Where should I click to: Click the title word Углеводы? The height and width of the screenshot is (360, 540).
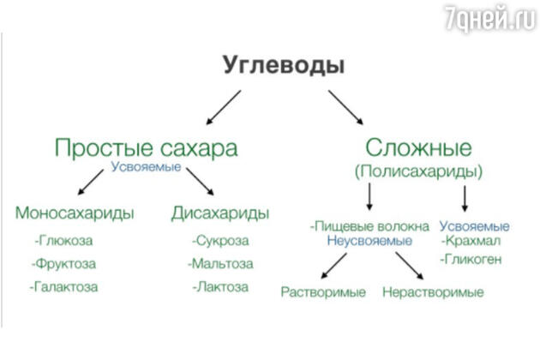point(284,66)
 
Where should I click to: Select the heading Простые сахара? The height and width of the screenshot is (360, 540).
point(146,147)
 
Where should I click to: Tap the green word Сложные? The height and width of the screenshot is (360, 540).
point(418,147)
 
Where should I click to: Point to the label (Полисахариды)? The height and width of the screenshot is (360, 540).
point(418,171)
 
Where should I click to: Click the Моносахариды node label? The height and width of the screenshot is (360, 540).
point(75,213)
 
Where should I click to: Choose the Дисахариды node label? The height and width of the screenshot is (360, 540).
point(220,213)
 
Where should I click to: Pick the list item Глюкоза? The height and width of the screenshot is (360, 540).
point(63,240)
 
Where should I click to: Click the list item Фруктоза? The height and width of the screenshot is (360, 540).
point(63,263)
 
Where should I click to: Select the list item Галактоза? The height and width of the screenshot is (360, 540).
point(63,286)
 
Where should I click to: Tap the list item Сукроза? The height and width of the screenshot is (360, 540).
point(220,240)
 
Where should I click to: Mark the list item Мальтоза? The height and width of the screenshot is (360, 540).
point(220,263)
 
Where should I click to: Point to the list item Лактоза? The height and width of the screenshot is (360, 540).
point(220,286)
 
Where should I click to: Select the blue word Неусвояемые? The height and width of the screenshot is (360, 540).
point(369,241)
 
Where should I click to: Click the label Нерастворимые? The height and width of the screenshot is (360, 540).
point(433,292)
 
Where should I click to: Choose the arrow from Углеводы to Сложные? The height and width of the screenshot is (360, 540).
point(345,107)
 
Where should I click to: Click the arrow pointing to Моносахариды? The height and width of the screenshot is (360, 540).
point(91,182)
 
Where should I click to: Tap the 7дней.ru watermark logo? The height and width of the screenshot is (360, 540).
point(490,17)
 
